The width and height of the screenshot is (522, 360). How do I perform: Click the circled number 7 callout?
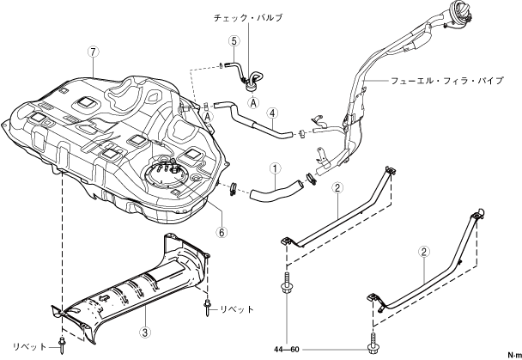coord(94,52)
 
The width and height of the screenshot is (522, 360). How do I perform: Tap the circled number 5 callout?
coord(234,41)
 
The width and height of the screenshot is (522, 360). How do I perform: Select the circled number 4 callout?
coord(272,113)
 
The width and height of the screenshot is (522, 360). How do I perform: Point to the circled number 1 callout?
coord(276,169)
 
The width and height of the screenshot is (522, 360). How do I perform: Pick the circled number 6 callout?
coord(222,232)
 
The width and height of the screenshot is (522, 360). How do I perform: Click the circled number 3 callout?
coord(145,332)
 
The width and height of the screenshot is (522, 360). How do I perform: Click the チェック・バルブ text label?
coord(247,17)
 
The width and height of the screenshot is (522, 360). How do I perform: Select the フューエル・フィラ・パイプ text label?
coord(446,81)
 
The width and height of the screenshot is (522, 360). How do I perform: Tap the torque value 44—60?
coord(287,350)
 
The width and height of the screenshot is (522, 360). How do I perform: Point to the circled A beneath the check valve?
coord(253,102)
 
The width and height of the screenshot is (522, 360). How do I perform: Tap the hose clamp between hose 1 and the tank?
coord(233,188)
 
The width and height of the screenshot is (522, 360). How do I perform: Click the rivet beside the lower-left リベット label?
coord(62,345)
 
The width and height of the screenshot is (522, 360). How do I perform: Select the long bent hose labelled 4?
coord(253,121)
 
